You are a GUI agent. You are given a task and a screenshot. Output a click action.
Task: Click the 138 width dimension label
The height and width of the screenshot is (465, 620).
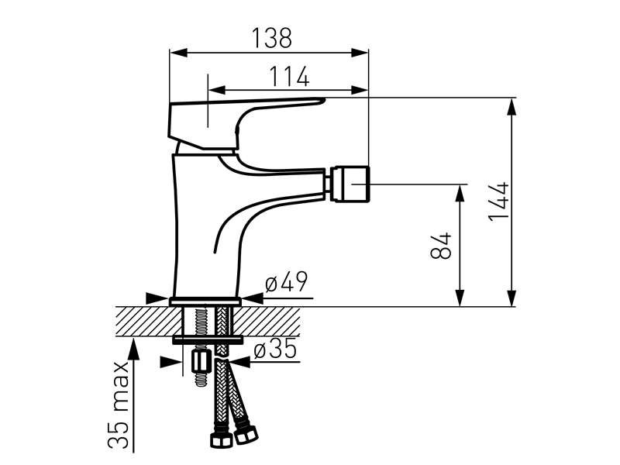272,37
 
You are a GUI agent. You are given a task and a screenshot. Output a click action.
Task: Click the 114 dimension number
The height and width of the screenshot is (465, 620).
289,76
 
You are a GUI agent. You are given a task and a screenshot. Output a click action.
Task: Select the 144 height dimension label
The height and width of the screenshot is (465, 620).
498,201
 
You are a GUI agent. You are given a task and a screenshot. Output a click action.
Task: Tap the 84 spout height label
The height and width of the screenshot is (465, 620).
440,245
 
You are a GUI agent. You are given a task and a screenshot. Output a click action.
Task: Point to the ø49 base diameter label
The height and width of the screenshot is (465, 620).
286,281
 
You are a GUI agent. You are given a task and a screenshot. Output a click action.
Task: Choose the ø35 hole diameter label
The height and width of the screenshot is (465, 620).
275,349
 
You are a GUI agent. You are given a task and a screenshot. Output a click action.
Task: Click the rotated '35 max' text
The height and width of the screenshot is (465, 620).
119,404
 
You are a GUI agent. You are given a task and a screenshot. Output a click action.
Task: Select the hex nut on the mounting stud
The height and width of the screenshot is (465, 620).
201,362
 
